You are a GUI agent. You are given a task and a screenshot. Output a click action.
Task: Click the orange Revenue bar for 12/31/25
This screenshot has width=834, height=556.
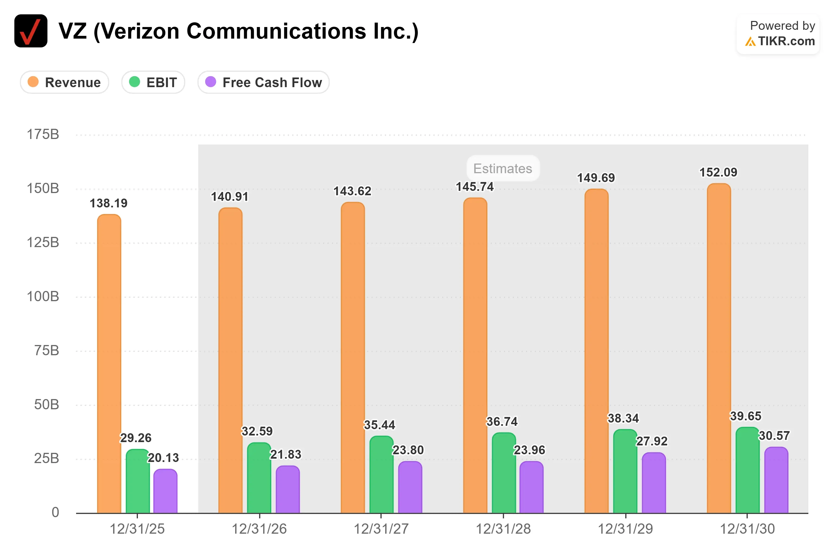point(109,363)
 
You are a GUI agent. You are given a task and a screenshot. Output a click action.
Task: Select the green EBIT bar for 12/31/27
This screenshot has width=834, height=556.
point(381,474)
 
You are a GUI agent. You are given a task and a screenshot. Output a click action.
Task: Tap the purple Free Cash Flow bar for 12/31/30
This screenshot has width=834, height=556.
point(776,480)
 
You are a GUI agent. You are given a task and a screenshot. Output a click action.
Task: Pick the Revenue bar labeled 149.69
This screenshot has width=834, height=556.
point(597,351)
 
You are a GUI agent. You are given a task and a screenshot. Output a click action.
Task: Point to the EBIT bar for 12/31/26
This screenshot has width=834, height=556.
point(259,478)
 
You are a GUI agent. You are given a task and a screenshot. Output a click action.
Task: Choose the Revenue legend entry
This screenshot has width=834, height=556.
point(65,82)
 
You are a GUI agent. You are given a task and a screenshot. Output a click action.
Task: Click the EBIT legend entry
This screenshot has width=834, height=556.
point(153,82)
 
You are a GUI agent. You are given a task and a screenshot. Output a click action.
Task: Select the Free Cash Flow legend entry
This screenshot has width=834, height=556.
point(263,82)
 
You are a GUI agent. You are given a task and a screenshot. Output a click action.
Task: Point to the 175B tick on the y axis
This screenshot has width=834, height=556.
point(43,134)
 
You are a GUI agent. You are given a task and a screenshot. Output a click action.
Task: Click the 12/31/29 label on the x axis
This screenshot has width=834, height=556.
point(625,529)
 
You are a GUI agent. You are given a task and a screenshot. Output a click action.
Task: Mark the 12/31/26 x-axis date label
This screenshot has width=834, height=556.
point(259,529)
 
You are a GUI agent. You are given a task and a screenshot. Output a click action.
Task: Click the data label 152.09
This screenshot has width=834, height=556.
point(718,172)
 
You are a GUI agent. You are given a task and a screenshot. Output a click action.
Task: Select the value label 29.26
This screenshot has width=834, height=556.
point(136,438)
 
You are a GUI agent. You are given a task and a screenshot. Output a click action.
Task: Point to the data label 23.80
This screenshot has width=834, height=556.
point(408,450)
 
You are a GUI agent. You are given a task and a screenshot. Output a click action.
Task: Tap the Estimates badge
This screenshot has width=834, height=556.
point(503,169)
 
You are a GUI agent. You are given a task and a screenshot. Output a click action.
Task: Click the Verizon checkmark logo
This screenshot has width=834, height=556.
point(31,31)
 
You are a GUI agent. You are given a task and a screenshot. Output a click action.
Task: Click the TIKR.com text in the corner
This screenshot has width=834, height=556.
point(787,41)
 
